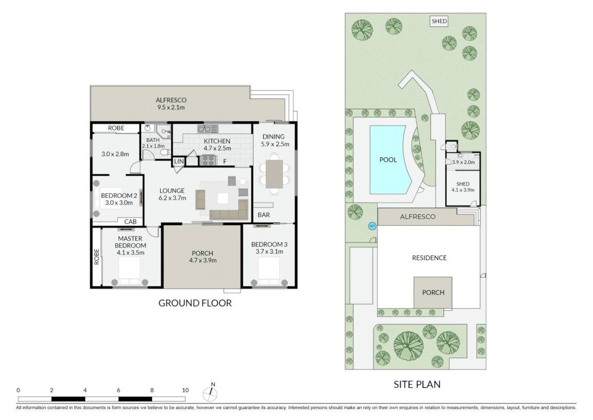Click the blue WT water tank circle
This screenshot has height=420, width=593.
coord(372,226)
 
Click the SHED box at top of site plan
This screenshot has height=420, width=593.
coord(439,21)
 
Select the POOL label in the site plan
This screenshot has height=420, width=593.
coord(388,160)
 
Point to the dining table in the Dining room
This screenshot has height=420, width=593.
coord(274,174)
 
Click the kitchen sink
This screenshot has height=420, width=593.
coord(208,129)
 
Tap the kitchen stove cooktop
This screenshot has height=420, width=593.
coord(208,161)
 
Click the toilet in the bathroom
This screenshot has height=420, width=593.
coord(166,152)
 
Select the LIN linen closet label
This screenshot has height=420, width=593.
coord(179,161)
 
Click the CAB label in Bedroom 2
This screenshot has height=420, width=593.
coord(130,221)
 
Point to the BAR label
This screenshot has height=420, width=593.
coord(264,215)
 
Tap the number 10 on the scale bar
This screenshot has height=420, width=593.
coord(185,390)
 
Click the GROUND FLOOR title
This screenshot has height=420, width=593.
coord(195,303)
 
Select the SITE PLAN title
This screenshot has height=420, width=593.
coord(417,384)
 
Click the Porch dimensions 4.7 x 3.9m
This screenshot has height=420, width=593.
coord(203,260)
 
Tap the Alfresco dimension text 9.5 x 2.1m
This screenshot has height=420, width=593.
coord(171,107)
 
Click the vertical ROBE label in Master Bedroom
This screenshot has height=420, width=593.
coord(97,257)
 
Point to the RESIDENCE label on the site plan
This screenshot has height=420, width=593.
coord(429,258)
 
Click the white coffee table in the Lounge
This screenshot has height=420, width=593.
coord(223,198)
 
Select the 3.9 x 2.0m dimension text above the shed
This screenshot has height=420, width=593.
coord(463,162)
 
